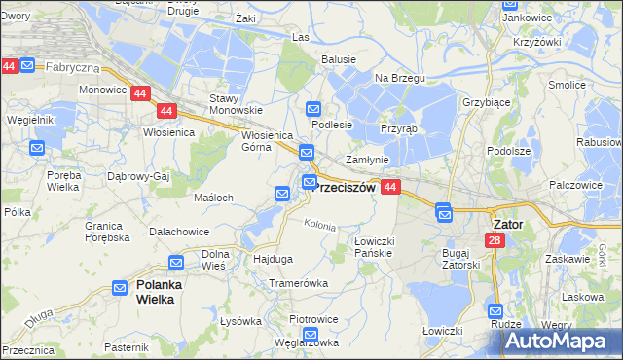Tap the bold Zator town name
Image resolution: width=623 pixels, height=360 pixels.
[504, 224]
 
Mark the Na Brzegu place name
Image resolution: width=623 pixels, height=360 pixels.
[394, 77]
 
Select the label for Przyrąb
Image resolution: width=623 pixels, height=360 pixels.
[398, 128]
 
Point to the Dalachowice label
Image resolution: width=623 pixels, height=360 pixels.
[179, 232]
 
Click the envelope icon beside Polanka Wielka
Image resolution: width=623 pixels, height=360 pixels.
[119, 288]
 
